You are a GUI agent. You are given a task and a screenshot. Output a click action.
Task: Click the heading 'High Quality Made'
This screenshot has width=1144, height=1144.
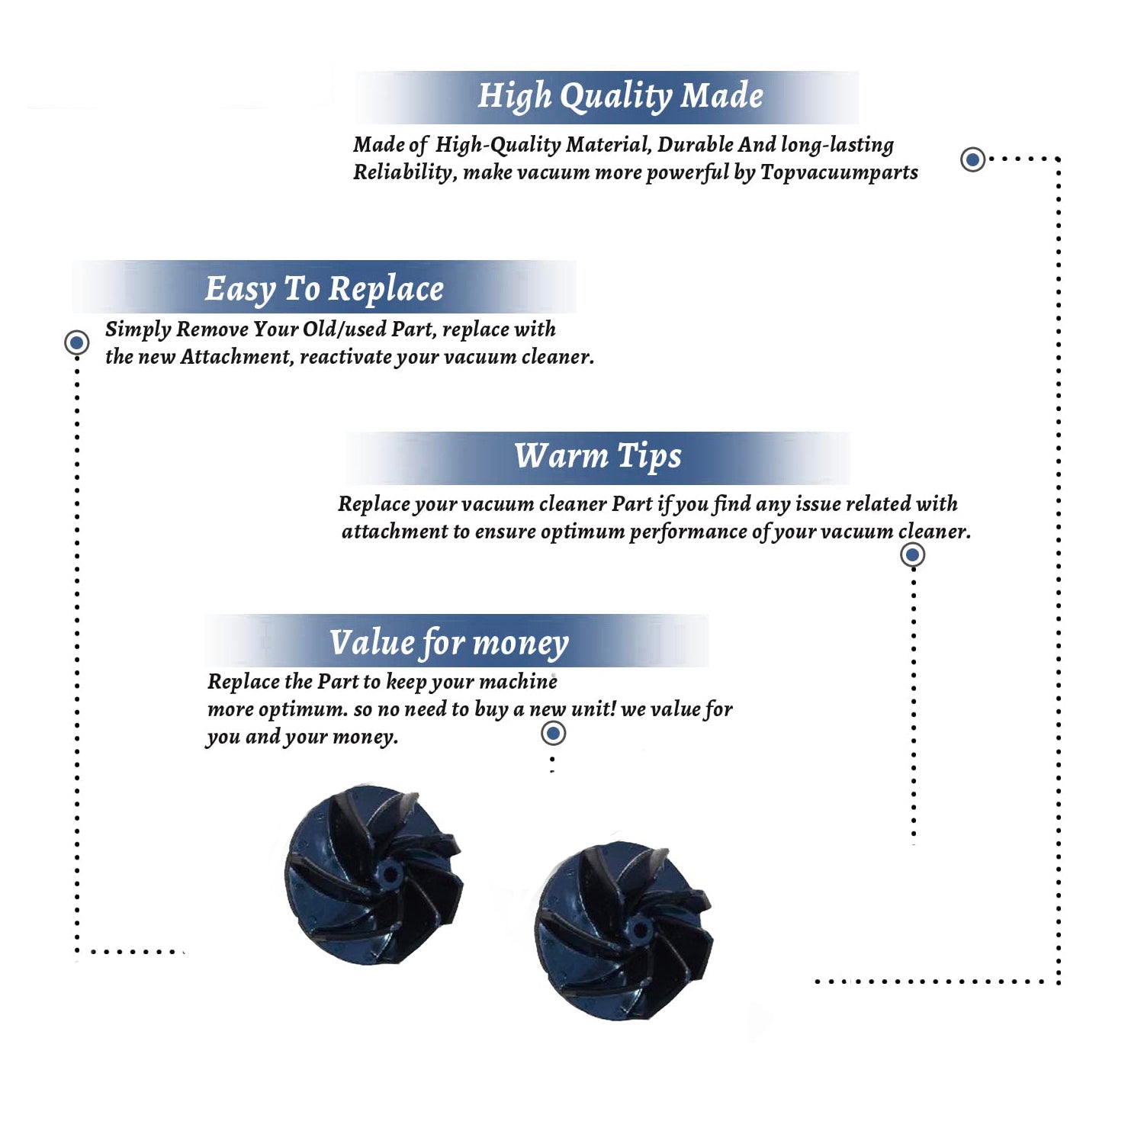(620, 97)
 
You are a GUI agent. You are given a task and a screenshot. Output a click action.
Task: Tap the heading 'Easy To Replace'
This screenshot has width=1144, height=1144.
(324, 290)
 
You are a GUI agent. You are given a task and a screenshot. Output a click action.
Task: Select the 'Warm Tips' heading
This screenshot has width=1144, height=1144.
(598, 456)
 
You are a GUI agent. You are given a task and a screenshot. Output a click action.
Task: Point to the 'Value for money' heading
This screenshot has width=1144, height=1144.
(449, 643)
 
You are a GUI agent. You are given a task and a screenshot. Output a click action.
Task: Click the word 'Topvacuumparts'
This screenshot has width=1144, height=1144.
(839, 172)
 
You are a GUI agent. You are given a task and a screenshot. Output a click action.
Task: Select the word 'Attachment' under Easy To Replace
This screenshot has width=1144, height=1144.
(236, 357)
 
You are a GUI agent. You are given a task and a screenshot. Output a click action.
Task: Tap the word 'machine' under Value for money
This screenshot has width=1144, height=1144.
(521, 681)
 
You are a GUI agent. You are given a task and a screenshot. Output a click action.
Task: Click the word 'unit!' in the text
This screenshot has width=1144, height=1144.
(593, 709)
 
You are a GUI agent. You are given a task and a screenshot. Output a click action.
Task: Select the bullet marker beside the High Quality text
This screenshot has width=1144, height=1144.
(972, 159)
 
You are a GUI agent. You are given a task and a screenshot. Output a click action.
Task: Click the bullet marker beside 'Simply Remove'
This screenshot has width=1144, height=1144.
(76, 342)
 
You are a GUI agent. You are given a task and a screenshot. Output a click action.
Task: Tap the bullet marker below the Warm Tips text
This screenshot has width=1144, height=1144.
(912, 554)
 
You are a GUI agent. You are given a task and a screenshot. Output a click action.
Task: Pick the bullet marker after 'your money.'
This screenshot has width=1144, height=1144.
(553, 733)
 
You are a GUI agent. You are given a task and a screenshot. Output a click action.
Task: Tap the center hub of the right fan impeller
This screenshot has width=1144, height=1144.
(638, 929)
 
